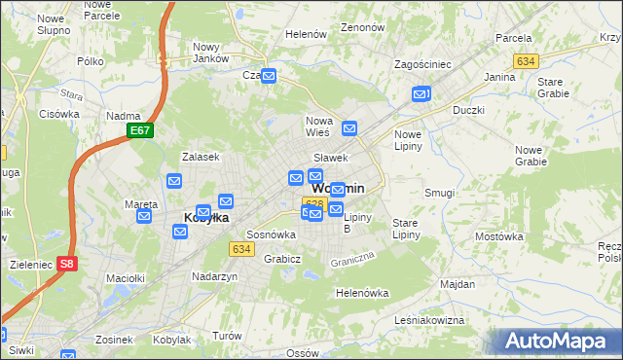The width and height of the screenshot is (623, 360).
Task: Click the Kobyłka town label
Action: [206, 218]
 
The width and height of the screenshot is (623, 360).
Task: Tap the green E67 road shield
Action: [140, 130]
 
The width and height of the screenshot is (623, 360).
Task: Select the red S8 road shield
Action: [66, 263]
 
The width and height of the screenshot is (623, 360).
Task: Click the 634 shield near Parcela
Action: [527, 61]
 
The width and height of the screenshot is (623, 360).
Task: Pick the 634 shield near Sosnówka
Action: [242, 249]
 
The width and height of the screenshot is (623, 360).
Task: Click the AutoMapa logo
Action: [558, 341]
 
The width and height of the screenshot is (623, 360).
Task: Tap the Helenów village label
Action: [306, 34]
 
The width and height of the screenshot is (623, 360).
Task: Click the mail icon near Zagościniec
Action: [421, 94]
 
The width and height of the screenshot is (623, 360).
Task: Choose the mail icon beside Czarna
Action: [268, 76]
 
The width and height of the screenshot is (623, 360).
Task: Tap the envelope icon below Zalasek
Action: [174, 180]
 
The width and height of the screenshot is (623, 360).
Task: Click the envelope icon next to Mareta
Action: [144, 215]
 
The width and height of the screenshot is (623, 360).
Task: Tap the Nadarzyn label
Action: [215, 276]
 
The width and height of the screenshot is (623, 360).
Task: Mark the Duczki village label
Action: [468, 110]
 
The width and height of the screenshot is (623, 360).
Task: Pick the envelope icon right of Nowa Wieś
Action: [349, 127]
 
